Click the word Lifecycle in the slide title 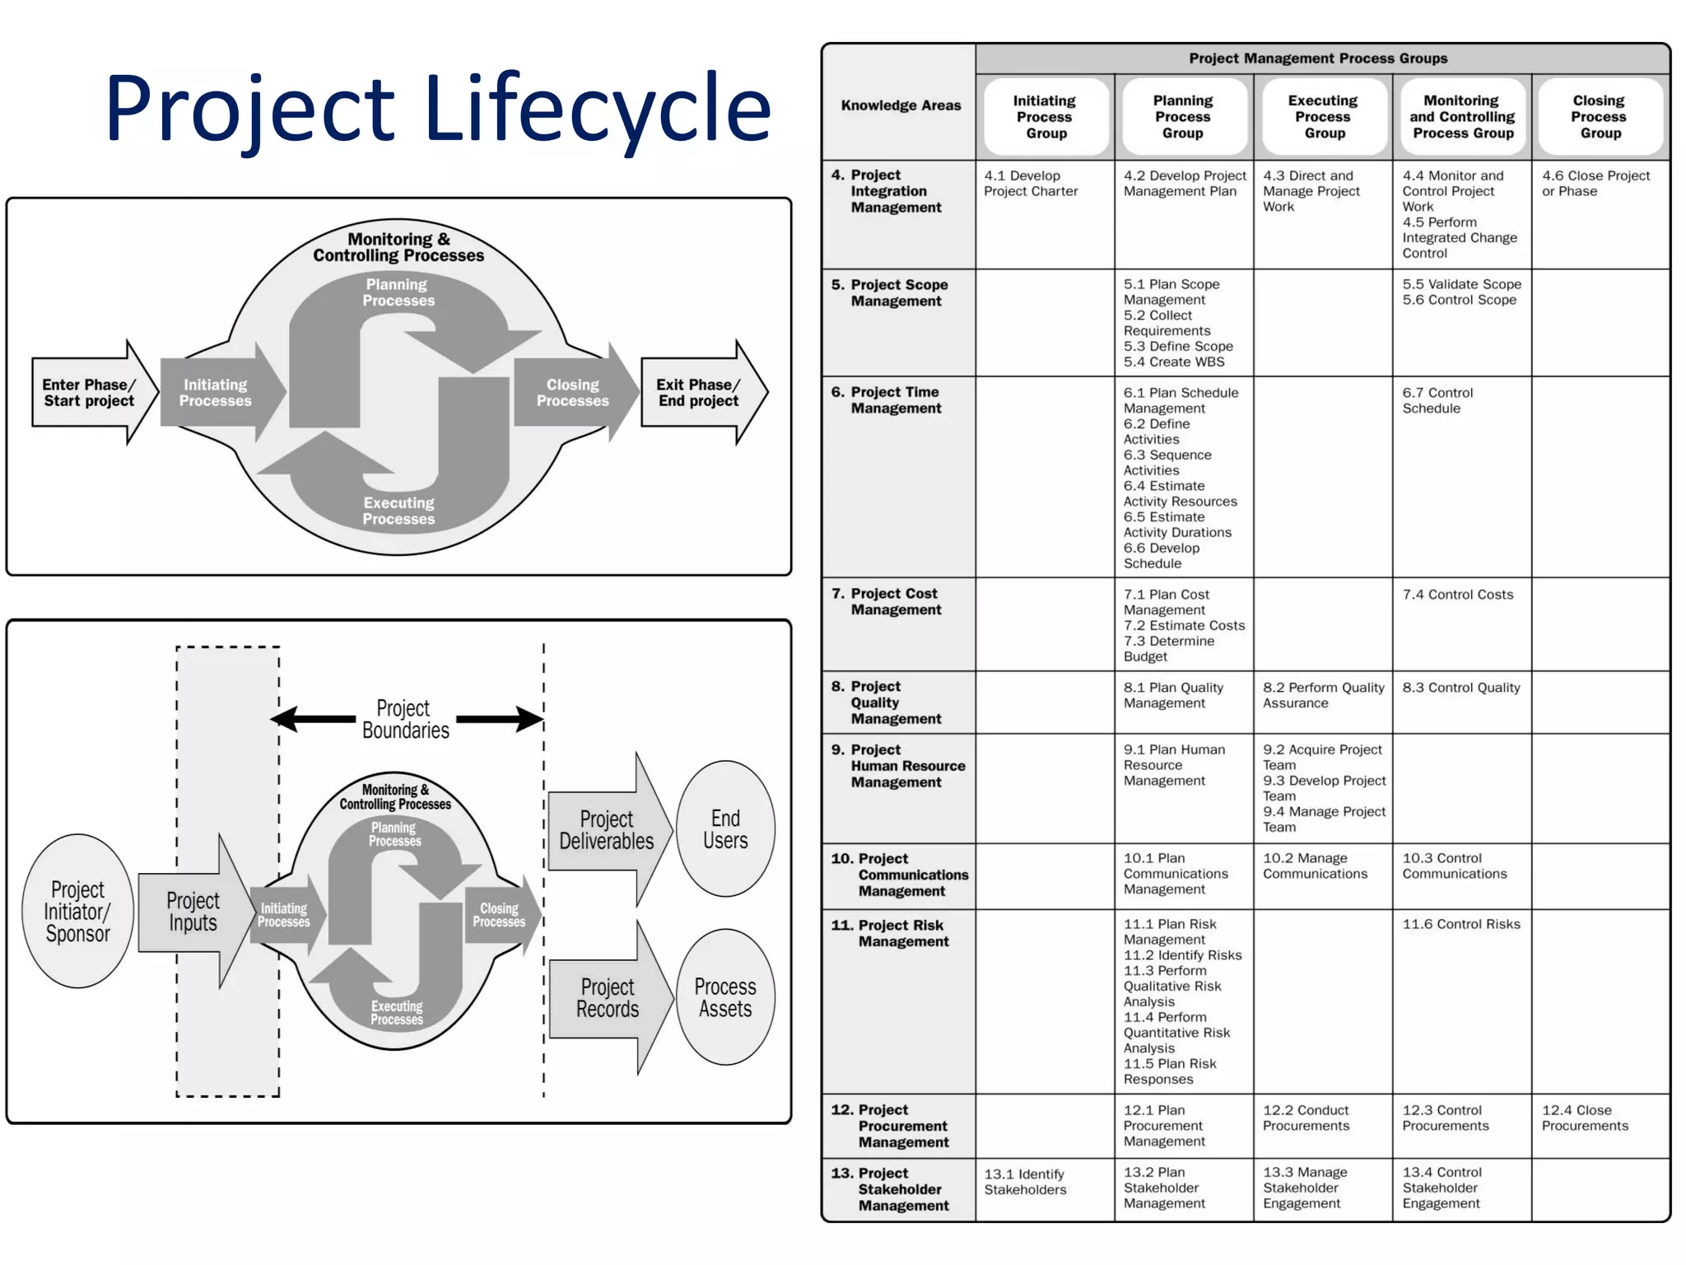[x=598, y=110]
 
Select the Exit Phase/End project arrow [x=700, y=393]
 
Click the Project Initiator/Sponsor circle [x=77, y=911]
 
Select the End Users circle [x=725, y=829]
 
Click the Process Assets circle [x=725, y=997]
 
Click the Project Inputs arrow [x=193, y=911]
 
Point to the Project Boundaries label [x=405, y=719]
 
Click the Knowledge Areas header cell [x=901, y=105]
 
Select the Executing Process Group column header [x=1324, y=116]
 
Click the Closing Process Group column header [x=1600, y=116]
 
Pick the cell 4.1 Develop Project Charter [x=1031, y=184]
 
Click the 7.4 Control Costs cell [x=1458, y=595]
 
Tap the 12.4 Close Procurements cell [x=1585, y=1118]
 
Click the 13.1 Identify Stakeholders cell [x=1025, y=1181]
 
